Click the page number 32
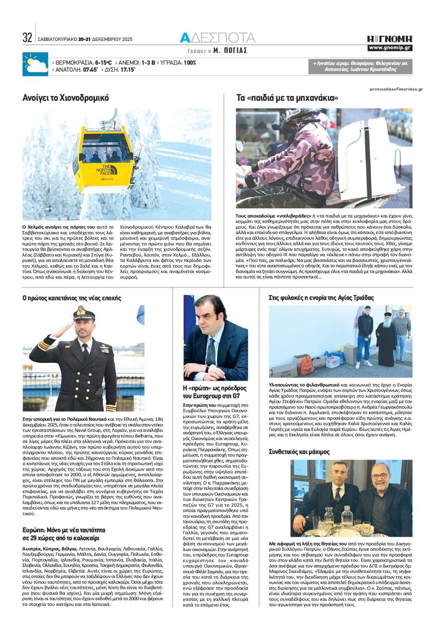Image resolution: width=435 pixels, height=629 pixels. pos(27,37)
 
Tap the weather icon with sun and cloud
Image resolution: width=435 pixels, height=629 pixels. pos(35,64)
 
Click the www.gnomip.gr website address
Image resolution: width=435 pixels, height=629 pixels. pos(390,48)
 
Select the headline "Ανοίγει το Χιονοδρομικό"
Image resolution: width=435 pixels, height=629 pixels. pos(66,98)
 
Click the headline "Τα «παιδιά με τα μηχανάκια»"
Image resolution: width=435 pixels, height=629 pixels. pos(287,98)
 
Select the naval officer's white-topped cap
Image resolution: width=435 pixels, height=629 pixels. pos(84,312)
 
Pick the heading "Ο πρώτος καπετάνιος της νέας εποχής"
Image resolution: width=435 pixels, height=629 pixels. pos(72,298)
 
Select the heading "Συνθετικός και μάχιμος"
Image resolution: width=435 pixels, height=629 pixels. pos(299,452)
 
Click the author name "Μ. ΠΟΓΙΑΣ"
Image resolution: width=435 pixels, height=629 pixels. pos(230,51)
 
